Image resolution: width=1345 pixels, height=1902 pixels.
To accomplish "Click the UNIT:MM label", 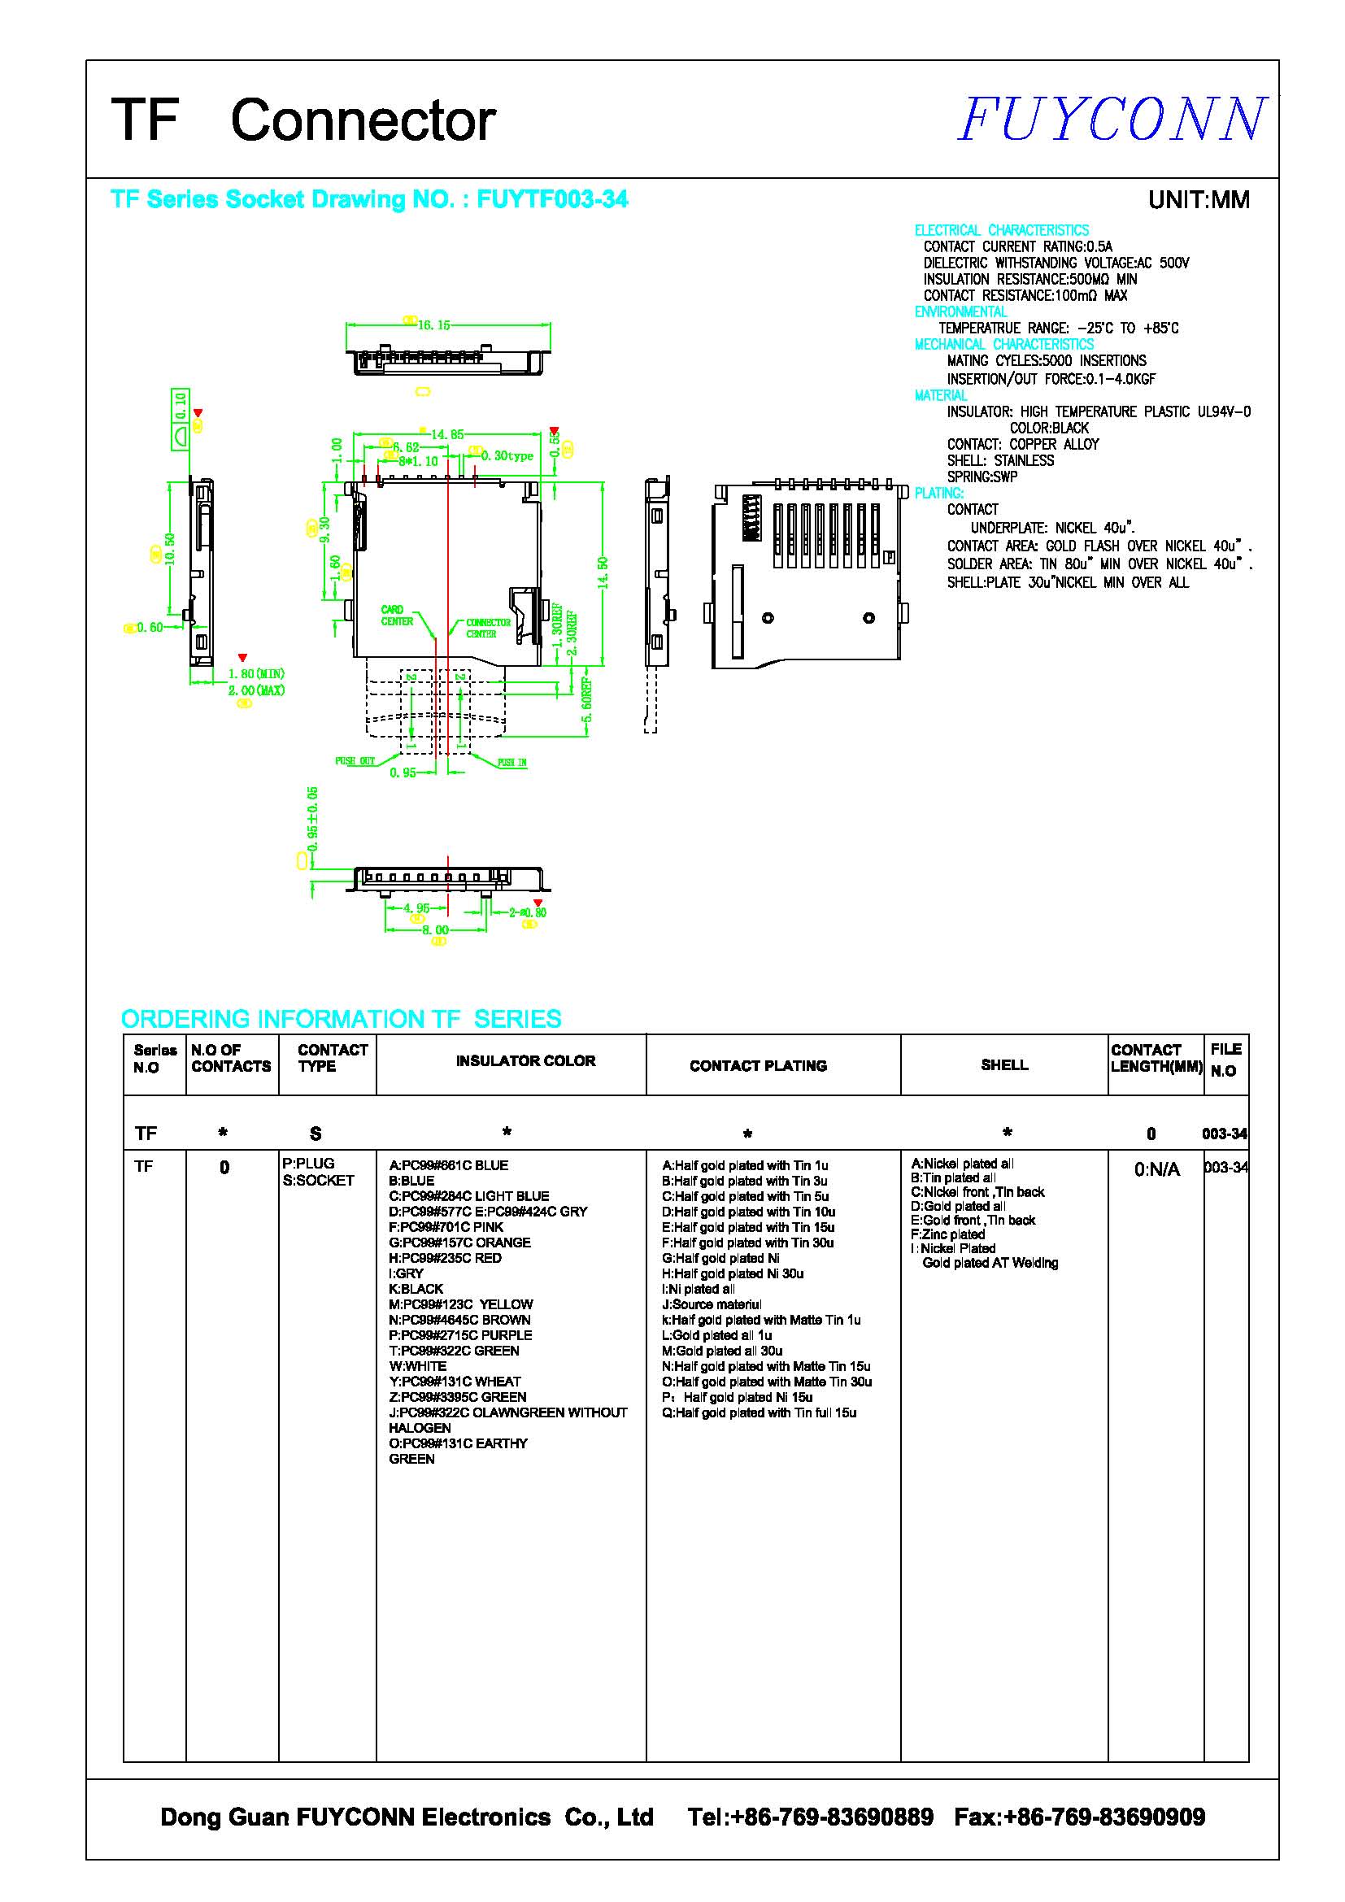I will (x=1198, y=200).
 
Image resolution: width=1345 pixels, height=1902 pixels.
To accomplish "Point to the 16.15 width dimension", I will (x=433, y=324).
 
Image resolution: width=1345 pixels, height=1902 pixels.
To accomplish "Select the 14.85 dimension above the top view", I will (x=446, y=434).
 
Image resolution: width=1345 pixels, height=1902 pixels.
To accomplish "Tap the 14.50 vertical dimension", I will (x=603, y=572).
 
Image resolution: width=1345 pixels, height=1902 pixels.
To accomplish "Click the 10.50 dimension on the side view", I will (x=170, y=548).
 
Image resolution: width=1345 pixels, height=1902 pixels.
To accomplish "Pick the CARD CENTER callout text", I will (x=397, y=616).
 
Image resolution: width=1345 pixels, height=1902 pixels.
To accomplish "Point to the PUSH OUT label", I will (x=355, y=760).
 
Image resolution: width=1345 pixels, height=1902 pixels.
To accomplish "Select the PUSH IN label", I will (x=511, y=762).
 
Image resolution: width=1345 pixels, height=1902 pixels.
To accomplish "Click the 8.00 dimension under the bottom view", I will (x=435, y=930).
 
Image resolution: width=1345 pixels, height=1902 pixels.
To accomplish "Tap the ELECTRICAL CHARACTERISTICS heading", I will (x=1000, y=230).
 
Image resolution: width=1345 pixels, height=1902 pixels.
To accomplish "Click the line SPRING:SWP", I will (x=982, y=477).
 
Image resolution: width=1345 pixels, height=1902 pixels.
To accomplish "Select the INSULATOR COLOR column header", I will (x=525, y=1061).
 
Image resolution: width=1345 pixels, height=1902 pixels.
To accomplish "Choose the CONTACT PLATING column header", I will (x=758, y=1066).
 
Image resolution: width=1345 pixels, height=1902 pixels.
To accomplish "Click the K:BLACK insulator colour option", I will (x=416, y=1289).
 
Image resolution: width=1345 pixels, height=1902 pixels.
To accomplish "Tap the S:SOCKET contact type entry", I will (x=318, y=1181).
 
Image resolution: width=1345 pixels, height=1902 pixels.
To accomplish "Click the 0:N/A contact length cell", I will (x=1156, y=1169).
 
